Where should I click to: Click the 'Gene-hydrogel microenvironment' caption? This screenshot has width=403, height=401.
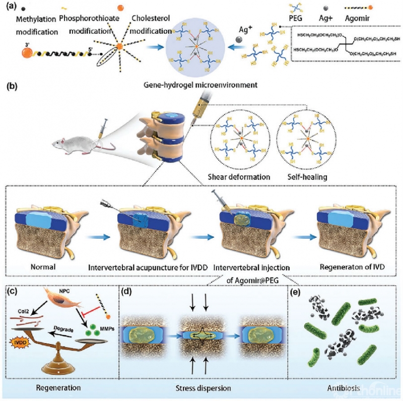(x=201, y=85)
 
